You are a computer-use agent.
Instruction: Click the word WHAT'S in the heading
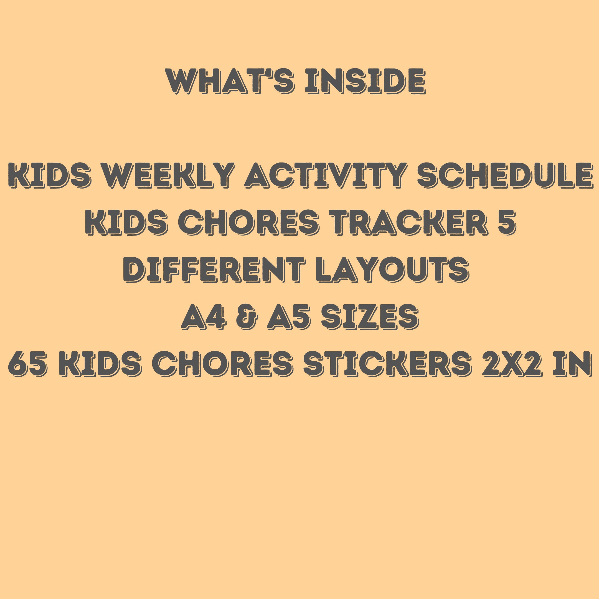[x=230, y=81]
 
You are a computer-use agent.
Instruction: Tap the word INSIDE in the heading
[x=365, y=81]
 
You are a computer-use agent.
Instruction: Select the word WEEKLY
[x=168, y=175]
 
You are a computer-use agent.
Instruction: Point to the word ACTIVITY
[x=326, y=175]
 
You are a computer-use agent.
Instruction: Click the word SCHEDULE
[x=505, y=175]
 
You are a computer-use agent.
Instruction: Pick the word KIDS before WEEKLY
[x=49, y=175]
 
